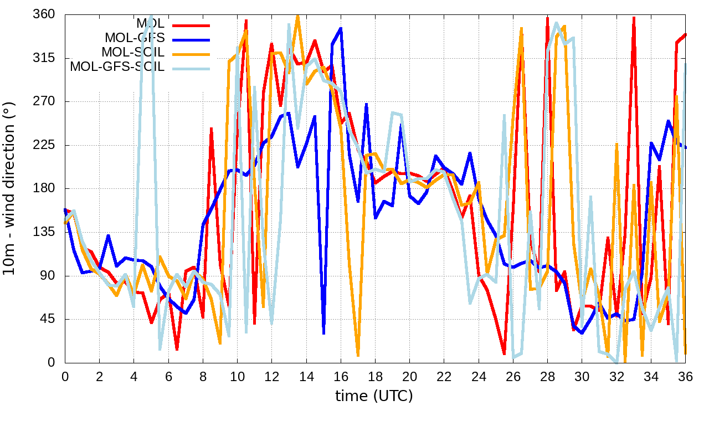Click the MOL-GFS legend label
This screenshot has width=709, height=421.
coord(135,38)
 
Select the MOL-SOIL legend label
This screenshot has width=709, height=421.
coord(133,53)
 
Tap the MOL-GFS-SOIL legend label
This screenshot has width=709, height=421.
coord(117,67)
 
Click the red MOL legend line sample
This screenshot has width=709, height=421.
coord(191,25)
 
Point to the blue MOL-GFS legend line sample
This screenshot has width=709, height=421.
coord(191,39)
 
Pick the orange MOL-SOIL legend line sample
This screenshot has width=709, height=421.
coord(191,54)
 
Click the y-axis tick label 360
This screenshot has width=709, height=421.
coord(44,14)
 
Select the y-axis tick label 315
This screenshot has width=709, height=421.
coord(44,58)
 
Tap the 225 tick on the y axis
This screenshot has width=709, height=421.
coord(44,145)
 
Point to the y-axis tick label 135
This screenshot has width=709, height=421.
coord(44,232)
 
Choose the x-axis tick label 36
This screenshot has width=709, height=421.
coord(685,377)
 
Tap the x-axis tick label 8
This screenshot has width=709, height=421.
coord(203,377)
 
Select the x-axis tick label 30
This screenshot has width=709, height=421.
coord(582,377)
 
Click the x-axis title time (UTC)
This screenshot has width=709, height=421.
coord(374,396)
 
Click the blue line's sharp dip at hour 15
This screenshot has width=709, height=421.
coord(323,333)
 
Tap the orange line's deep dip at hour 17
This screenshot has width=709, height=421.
coord(358,355)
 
